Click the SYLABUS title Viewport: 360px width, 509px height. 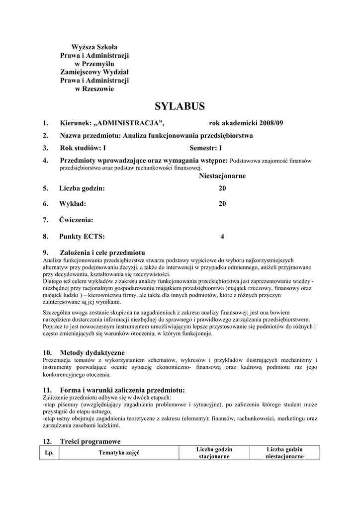point(180,106)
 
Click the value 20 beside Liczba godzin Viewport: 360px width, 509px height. point(222,188)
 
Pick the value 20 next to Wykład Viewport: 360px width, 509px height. point(222,204)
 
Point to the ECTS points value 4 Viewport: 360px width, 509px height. point(222,237)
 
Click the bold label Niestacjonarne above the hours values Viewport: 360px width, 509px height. point(222,176)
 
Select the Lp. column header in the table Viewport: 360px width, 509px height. point(49,453)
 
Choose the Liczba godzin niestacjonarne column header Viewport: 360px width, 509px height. point(284,453)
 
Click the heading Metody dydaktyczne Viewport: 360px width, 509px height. point(92,352)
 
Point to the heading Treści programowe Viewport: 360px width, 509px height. point(90,441)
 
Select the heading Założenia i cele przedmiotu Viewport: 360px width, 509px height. point(102,252)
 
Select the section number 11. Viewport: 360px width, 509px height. point(47,391)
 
